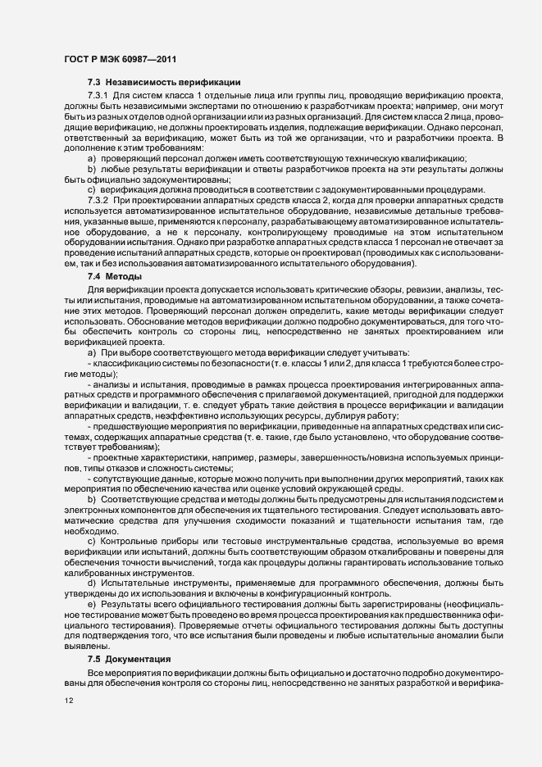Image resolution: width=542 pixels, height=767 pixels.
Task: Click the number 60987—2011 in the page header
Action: tap(146, 59)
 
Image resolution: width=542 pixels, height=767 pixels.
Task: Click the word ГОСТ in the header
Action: tap(77, 59)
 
